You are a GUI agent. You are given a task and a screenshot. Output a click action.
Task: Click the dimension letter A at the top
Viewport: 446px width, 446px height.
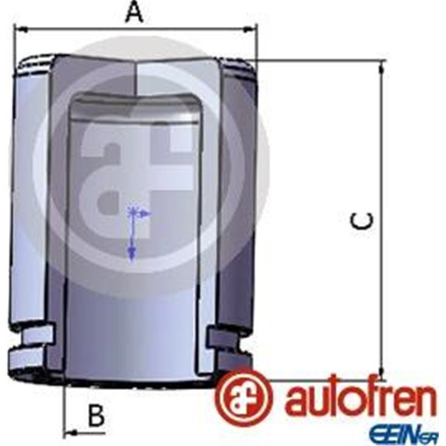134,12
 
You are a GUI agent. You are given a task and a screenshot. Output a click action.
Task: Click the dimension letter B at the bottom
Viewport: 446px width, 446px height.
96,415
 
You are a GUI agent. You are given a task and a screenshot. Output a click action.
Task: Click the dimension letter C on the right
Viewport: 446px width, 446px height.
362,221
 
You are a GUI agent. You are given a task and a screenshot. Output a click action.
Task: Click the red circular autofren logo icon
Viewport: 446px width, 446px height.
245,397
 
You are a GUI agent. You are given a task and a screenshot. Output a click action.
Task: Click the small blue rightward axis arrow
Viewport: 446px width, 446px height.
146,213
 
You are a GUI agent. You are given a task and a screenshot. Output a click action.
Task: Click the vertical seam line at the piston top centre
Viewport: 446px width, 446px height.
137,78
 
